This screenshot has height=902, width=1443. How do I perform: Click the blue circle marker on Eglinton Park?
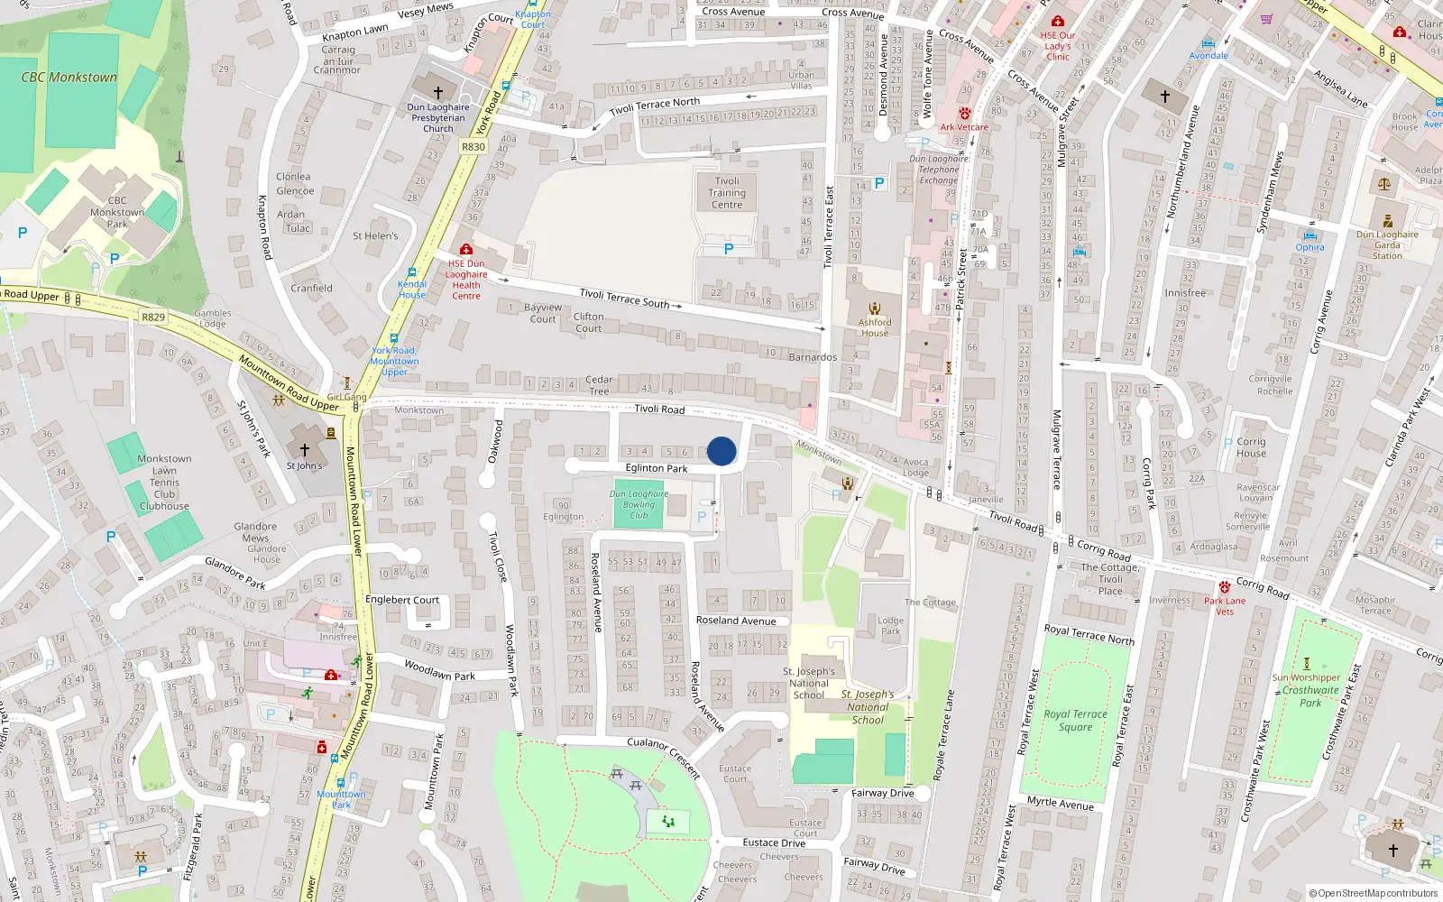(x=721, y=451)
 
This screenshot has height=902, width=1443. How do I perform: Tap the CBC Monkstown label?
(x=69, y=78)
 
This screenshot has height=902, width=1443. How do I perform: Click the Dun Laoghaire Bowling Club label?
(x=639, y=504)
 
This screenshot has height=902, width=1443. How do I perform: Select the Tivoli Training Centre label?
(x=727, y=192)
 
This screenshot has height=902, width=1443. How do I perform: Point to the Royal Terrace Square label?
(x=1075, y=720)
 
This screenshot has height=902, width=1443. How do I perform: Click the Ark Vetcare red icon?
(x=964, y=114)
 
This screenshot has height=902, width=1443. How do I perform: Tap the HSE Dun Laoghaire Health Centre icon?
(x=465, y=249)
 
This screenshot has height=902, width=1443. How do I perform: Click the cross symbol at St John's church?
(x=305, y=449)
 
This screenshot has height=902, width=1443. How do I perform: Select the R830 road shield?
(x=473, y=146)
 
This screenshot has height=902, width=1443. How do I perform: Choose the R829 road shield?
(x=153, y=317)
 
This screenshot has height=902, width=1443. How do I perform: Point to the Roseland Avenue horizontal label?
(x=736, y=621)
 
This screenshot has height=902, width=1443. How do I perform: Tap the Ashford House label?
(x=875, y=327)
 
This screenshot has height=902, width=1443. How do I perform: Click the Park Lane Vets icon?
(x=1224, y=587)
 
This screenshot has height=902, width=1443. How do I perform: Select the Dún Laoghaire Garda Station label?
(x=1387, y=244)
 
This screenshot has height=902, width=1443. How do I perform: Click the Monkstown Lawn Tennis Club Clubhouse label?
(x=164, y=483)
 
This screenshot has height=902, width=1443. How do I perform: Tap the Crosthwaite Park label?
(x=1310, y=696)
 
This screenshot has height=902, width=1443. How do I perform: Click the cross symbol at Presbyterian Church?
(x=438, y=92)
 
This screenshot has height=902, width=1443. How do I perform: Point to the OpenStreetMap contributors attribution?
(x=1374, y=893)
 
